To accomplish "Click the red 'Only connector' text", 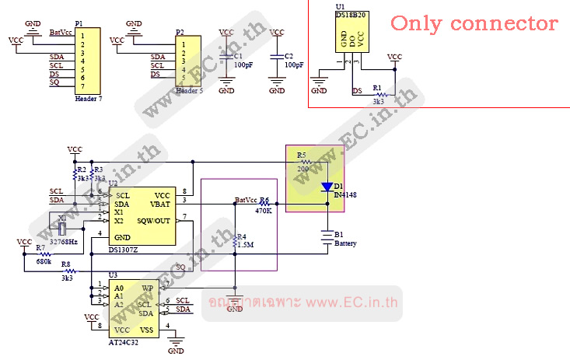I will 474,23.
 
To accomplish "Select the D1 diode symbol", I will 326,187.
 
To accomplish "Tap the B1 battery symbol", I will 327,235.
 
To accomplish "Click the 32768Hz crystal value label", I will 65,243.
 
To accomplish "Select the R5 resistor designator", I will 302,156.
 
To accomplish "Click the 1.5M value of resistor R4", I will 246,246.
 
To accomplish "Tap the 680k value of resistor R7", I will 43,262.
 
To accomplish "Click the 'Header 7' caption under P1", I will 88,100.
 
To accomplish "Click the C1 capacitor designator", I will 239,56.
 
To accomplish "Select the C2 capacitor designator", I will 288,56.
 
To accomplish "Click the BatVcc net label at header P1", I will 61,33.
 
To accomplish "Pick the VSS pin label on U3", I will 147,330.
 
